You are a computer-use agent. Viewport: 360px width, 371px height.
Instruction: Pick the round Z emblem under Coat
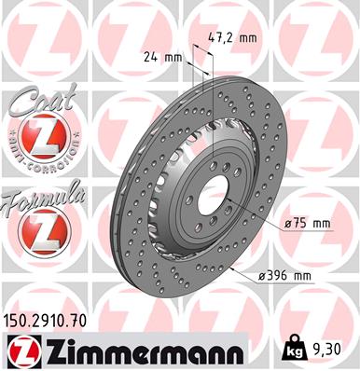tap(38, 142)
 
